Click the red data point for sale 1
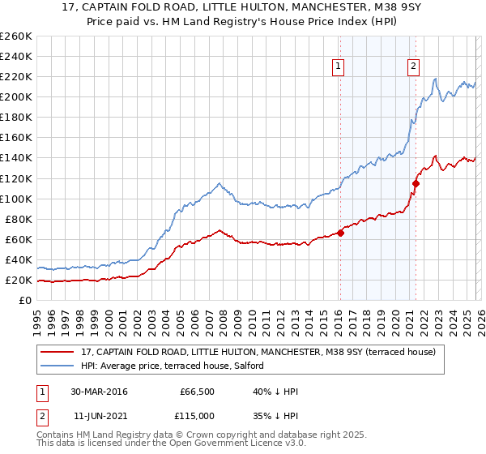pyautogui.click(x=340, y=233)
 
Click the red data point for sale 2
pyautogui.click(x=416, y=183)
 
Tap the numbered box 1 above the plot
pyautogui.click(x=338, y=67)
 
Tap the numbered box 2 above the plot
pyautogui.click(x=413, y=67)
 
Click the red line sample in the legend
pyautogui.click(x=58, y=352)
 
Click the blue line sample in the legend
pyautogui.click(x=58, y=366)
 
